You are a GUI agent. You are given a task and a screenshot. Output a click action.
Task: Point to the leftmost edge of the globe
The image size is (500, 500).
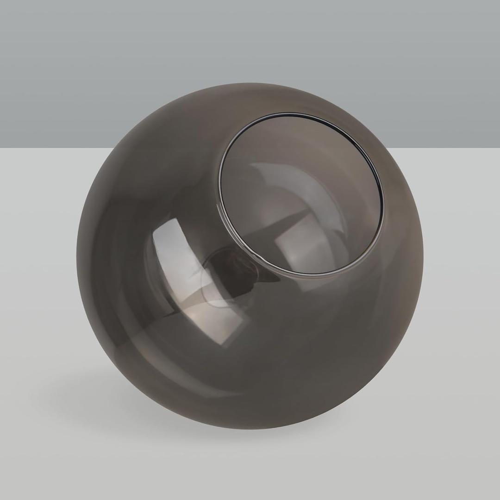77,255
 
